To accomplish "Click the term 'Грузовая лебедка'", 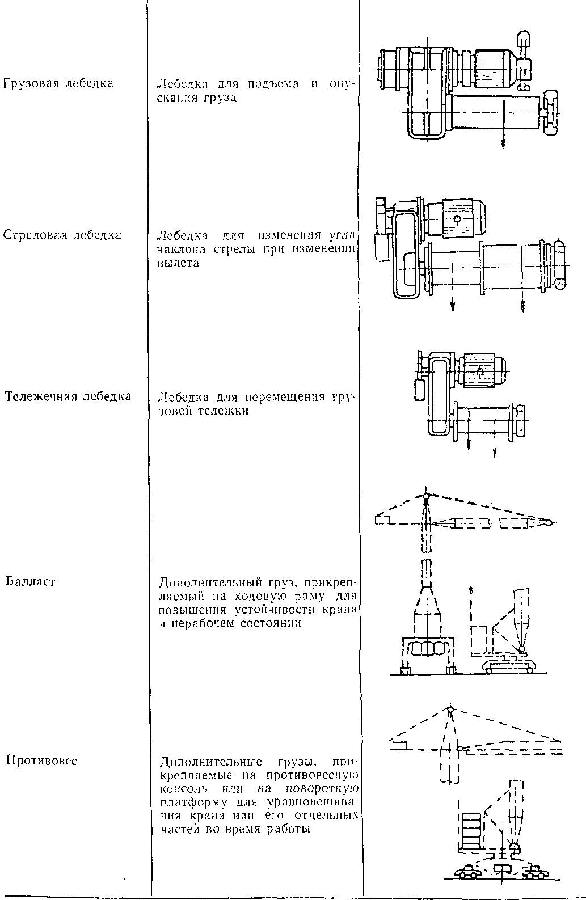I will [58, 83].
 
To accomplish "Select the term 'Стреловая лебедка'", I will [62, 235].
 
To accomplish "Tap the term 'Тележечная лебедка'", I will [68, 396].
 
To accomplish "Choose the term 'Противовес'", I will [41, 760].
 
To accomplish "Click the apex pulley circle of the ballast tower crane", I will [425, 496].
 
